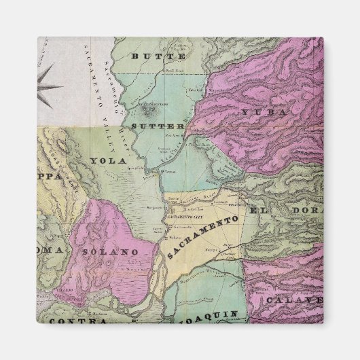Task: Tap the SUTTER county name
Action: click(158, 126)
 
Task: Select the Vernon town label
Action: click(169, 174)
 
